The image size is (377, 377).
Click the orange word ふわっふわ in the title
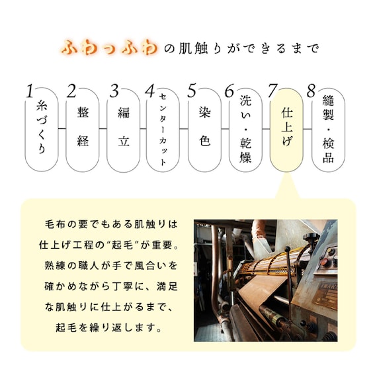click(110, 48)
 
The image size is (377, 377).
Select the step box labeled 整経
click(83, 132)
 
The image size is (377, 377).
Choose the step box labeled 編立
click(123, 132)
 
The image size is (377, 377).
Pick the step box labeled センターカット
click(163, 132)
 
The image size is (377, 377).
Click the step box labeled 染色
click(204, 132)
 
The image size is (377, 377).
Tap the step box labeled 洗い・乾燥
click(245, 132)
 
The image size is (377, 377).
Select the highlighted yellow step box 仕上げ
click(286, 132)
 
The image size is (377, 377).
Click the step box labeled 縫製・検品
click(327, 132)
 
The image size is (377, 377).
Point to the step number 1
click(29, 91)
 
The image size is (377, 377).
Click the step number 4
click(149, 91)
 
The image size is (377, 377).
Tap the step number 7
click(272, 90)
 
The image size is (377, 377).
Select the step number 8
click(311, 90)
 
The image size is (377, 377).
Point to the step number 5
click(192, 91)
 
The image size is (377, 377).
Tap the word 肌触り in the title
click(198, 49)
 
